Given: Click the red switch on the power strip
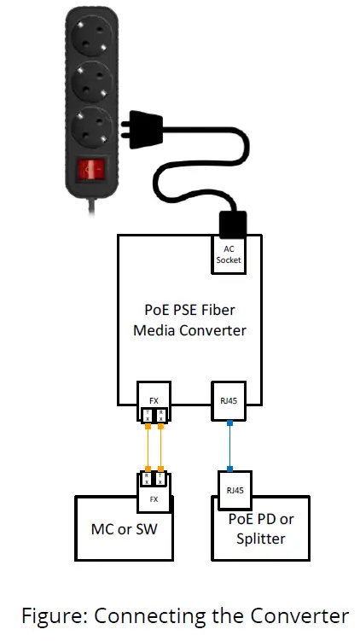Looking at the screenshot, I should (90, 171).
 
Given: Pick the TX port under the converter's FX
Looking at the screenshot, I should (148, 415).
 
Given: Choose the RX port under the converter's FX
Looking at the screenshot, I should (160, 415).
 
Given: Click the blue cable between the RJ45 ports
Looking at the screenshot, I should (229, 446).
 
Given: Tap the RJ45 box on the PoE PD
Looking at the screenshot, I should (229, 491).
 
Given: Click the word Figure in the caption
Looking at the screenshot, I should (51, 615).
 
